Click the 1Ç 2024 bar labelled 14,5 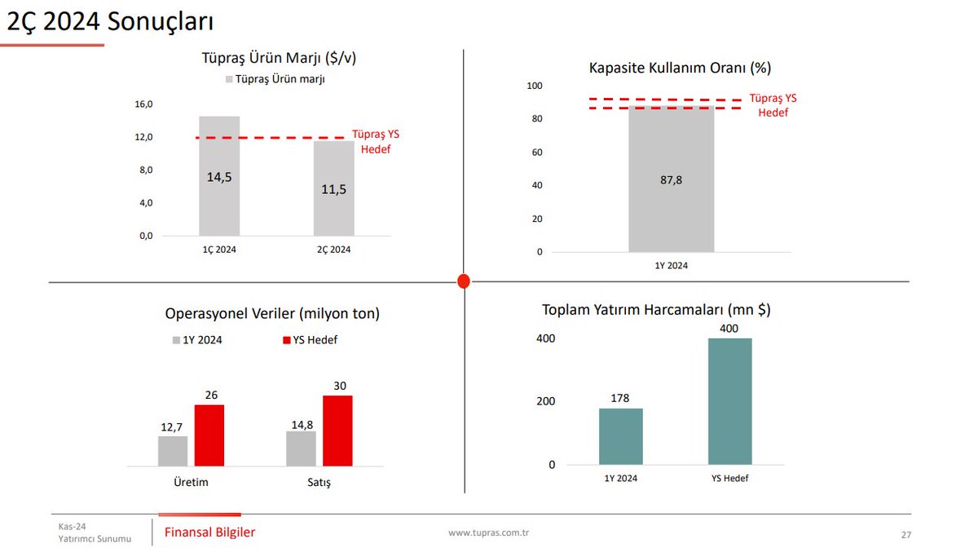click(x=219, y=176)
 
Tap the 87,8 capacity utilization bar click(x=672, y=179)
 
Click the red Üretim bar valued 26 click(x=209, y=435)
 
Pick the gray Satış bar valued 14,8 click(x=301, y=449)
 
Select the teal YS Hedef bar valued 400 click(x=729, y=401)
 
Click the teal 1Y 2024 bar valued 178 click(x=621, y=436)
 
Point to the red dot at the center click(x=464, y=281)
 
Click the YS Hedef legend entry click(x=310, y=340)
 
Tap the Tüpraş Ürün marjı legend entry click(x=275, y=79)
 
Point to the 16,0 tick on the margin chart click(x=143, y=104)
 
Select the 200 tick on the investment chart click(x=546, y=401)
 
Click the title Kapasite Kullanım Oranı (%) click(x=680, y=68)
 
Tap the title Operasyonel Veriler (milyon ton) click(x=272, y=313)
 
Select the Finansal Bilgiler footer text click(x=209, y=533)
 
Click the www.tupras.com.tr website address click(x=489, y=533)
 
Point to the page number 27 click(x=905, y=535)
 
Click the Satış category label click(x=318, y=482)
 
